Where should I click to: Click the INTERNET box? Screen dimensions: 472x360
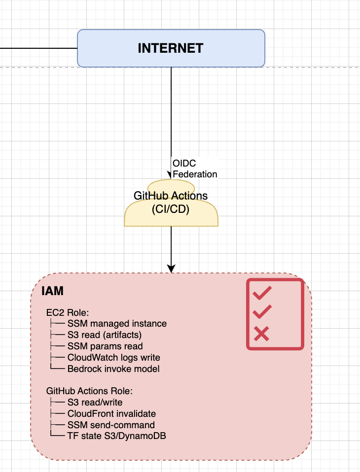click(x=171, y=48)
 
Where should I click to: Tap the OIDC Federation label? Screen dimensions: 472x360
click(x=194, y=168)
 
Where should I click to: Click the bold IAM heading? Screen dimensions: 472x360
click(x=52, y=291)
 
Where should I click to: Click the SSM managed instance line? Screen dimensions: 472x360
click(x=117, y=324)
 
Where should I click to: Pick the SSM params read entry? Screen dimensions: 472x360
click(x=105, y=346)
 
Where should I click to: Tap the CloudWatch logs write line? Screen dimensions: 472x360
click(x=113, y=357)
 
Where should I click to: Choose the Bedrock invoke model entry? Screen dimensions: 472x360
click(x=113, y=369)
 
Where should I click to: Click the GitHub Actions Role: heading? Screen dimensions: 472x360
click(x=90, y=391)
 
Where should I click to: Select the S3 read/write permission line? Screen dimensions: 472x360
click(x=95, y=403)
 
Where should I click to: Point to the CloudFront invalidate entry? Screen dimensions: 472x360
click(x=111, y=413)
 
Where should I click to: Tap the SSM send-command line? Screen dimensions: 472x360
click(x=111, y=425)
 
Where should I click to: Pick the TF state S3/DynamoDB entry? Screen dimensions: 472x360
click(x=113, y=436)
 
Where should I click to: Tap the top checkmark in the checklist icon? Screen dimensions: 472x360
click(x=262, y=294)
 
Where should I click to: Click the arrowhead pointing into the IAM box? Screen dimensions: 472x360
click(x=171, y=269)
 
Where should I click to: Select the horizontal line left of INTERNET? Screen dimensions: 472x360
click(x=38, y=48)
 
